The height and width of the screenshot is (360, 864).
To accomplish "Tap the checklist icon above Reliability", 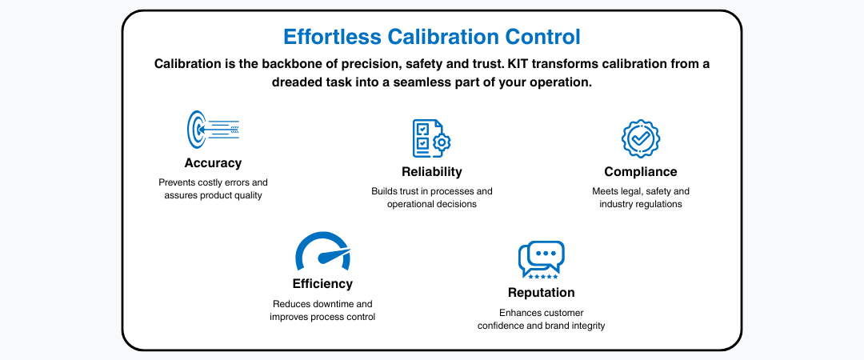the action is (x=431, y=138).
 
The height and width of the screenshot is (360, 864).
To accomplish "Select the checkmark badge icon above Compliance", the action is (x=640, y=139).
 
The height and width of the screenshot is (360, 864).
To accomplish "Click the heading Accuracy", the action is (x=213, y=163).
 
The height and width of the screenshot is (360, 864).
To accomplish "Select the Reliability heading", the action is (x=431, y=171).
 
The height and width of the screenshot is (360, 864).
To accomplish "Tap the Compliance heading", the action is (x=640, y=171).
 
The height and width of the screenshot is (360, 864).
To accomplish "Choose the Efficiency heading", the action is (x=322, y=284).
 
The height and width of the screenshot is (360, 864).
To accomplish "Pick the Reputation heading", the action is (x=541, y=292).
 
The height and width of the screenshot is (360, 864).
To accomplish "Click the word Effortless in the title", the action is (x=332, y=37).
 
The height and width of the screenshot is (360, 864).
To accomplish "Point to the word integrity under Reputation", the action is (x=586, y=326).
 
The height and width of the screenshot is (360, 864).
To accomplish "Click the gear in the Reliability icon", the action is (x=442, y=142).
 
